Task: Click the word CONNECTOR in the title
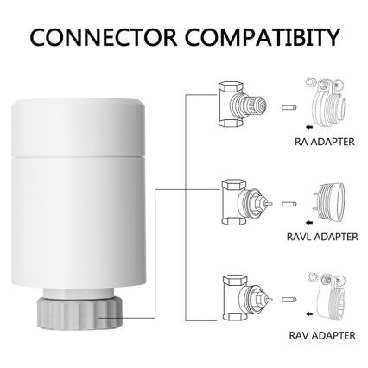pyautogui.click(x=98, y=39)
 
